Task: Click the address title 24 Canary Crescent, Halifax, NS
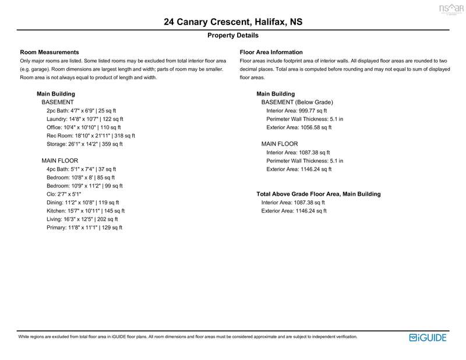click(x=233, y=23)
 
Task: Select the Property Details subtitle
click(x=233, y=36)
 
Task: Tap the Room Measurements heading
click(x=50, y=52)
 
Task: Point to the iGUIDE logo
click(x=429, y=337)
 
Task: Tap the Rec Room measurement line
click(x=90, y=136)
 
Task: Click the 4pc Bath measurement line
click(x=82, y=169)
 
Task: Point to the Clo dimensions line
click(x=64, y=194)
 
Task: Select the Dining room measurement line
click(x=83, y=203)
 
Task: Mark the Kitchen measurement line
click(x=86, y=211)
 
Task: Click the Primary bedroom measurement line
click(x=84, y=228)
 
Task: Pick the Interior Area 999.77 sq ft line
click(x=296, y=110)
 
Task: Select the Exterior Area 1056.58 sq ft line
click(x=298, y=127)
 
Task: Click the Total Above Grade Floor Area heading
click(x=319, y=194)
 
